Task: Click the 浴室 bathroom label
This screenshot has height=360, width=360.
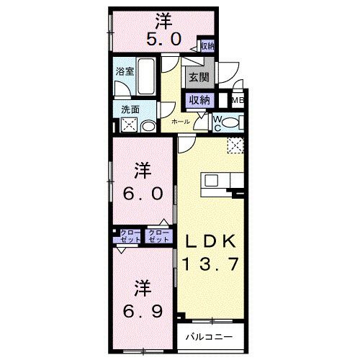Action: point(125,71)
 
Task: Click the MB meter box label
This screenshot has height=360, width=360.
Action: point(238,101)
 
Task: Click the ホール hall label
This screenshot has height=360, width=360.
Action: point(181,122)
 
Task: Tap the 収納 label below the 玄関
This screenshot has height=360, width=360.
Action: point(198,101)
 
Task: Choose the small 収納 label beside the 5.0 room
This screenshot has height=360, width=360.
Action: point(207,47)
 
